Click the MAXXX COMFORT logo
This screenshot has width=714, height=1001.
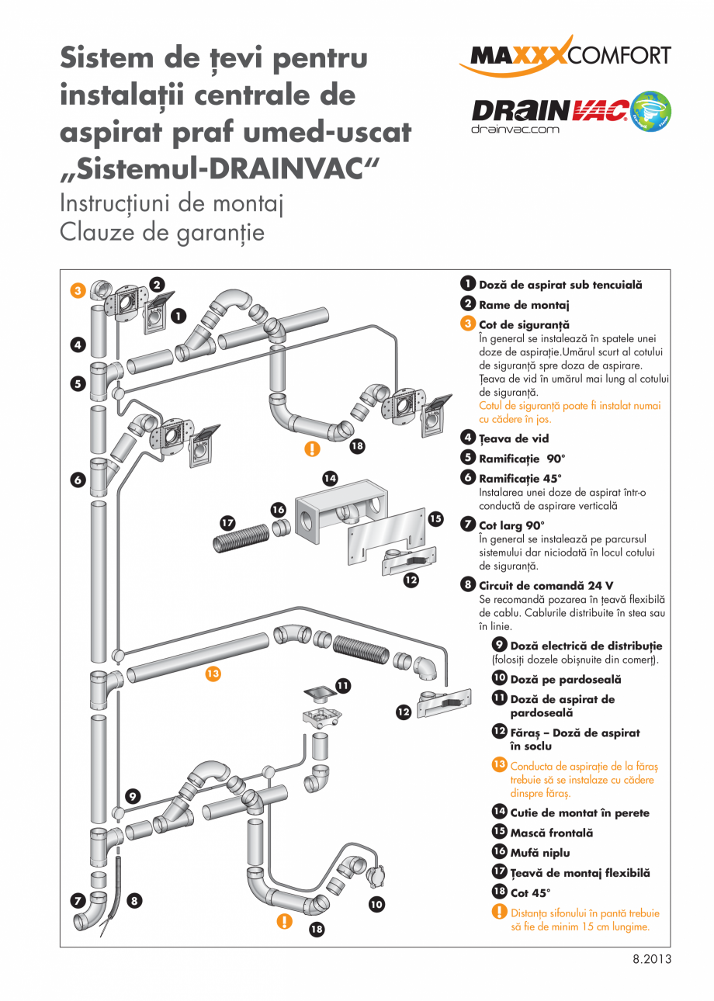pyautogui.click(x=564, y=56)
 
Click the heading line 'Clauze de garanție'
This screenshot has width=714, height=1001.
pyautogui.click(x=162, y=232)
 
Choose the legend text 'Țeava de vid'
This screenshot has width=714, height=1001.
pyautogui.click(x=513, y=438)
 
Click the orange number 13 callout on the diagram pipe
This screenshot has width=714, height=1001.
pyautogui.click(x=213, y=674)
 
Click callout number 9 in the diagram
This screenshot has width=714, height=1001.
pyautogui.click(x=133, y=795)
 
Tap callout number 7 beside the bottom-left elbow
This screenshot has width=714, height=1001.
pyautogui.click(x=78, y=901)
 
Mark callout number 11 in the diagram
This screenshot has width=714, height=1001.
pyautogui.click(x=342, y=685)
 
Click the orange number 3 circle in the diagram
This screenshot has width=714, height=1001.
pyautogui.click(x=78, y=291)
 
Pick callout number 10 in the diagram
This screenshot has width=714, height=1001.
pyautogui.click(x=376, y=903)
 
